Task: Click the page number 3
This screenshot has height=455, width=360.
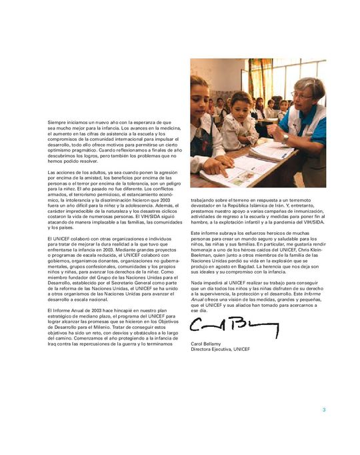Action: click(324, 410)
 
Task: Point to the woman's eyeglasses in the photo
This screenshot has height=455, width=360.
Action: click(300, 95)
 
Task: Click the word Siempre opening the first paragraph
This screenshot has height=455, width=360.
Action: click(57, 123)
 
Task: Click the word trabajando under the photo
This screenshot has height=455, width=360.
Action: click(204, 199)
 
